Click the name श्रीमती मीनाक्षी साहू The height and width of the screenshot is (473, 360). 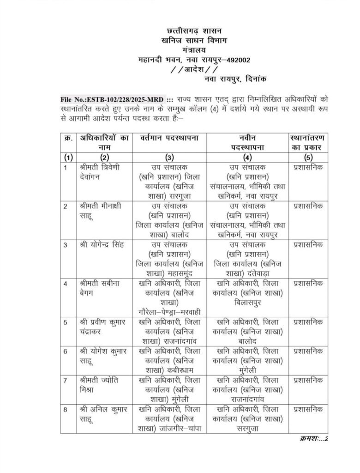click(x=99, y=210)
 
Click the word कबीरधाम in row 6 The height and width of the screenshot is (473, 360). click(x=181, y=371)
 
